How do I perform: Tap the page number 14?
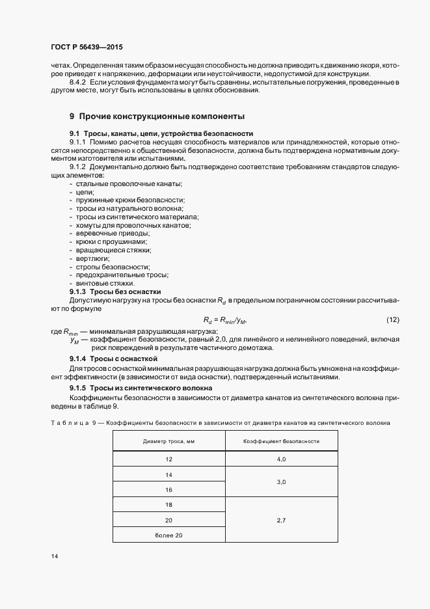tap(54, 556)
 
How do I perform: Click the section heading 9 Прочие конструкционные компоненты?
tap(157, 116)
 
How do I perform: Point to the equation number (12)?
tap(392, 319)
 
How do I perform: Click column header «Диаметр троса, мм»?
tap(168, 441)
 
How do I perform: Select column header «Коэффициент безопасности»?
tap(281, 441)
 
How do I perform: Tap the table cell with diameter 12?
tap(168, 459)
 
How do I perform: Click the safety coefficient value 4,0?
tap(281, 459)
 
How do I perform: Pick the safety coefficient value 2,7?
tap(281, 521)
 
